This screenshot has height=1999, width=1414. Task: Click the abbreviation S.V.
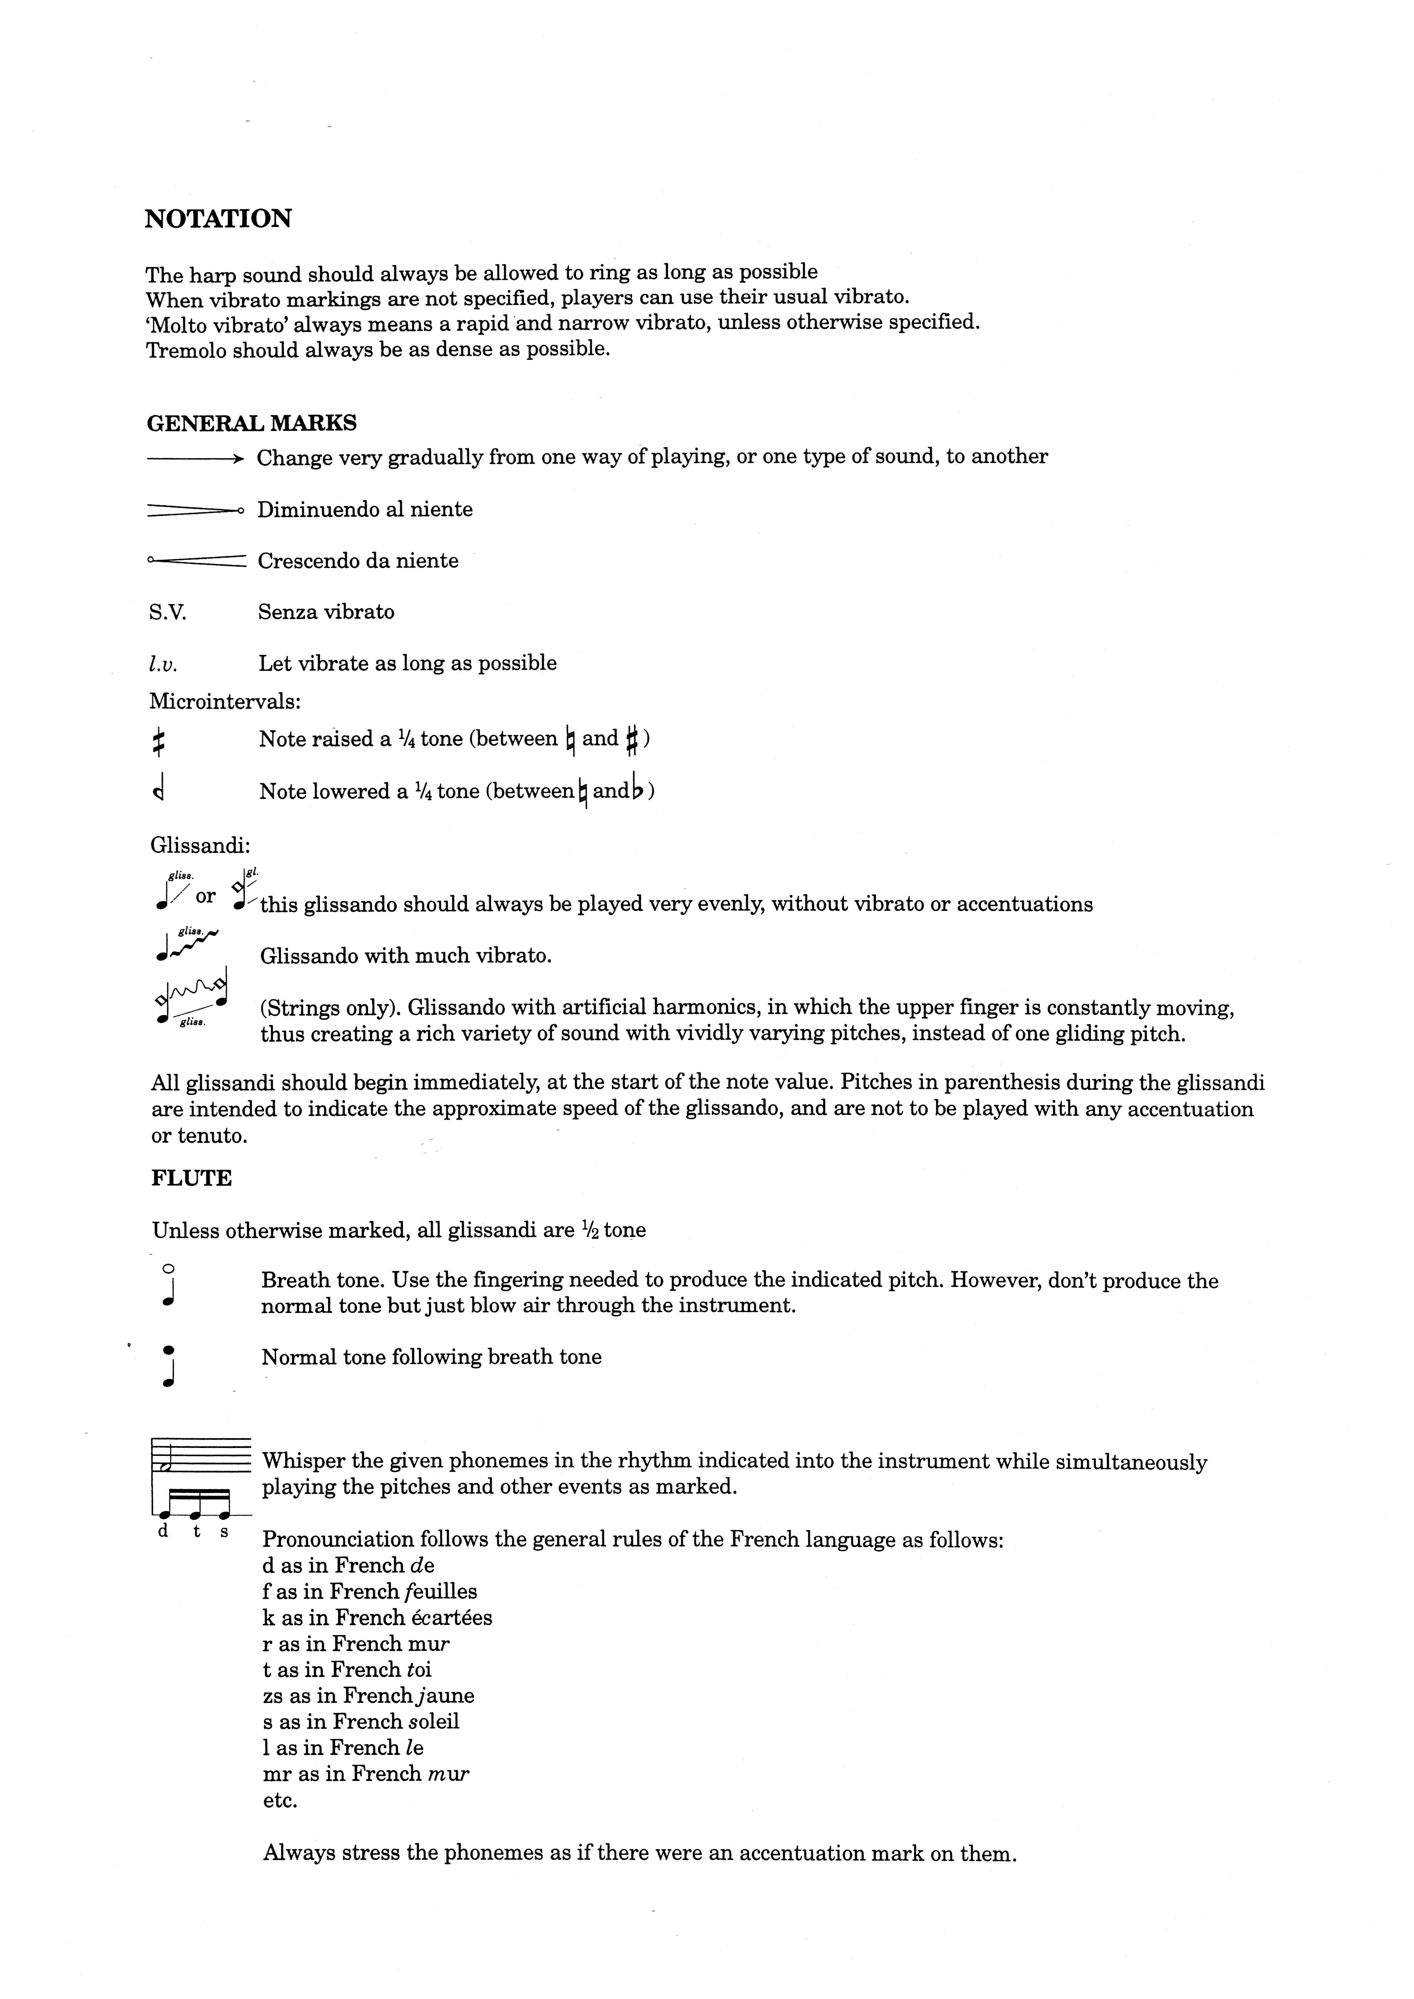167,612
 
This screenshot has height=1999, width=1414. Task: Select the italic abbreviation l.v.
163,664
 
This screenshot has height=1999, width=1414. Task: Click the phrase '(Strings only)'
331,1008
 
